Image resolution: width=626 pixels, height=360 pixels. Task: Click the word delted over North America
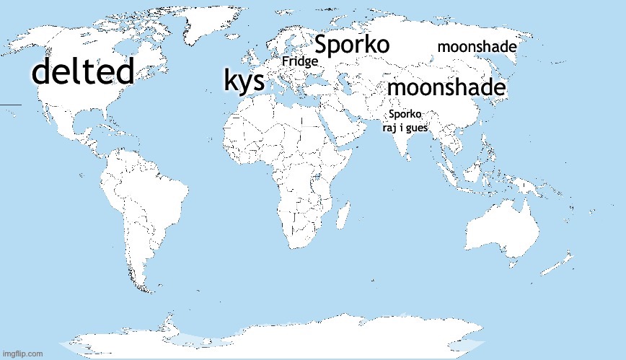pos(84,72)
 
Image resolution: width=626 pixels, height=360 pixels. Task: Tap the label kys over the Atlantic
pos(244,81)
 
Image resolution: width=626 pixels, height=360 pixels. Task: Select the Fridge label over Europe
pos(299,62)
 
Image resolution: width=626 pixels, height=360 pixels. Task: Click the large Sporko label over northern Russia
pos(353,45)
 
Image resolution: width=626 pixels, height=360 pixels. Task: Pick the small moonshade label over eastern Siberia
pos(477,48)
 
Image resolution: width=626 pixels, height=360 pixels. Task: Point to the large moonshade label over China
pos(446,88)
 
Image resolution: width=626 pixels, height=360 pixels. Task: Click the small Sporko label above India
pos(405,114)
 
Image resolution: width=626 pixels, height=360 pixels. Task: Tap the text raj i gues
pos(405,128)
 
